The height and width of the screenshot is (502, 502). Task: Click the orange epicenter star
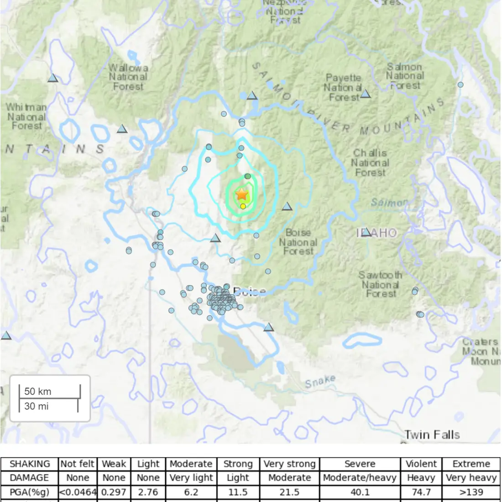click(241, 194)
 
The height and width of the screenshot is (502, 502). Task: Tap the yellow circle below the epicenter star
click(243, 206)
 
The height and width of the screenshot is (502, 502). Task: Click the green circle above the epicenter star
click(247, 176)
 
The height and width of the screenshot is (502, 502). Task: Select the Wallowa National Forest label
click(128, 77)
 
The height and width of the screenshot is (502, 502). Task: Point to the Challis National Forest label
click(370, 163)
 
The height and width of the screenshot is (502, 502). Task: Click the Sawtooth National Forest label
click(381, 284)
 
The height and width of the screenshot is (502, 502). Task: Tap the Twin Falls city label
click(432, 434)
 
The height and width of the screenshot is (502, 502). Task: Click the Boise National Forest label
click(298, 242)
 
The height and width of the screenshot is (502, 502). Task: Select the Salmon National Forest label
click(405, 76)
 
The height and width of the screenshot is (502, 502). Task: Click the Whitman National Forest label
click(26, 116)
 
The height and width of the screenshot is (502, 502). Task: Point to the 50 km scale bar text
click(38, 391)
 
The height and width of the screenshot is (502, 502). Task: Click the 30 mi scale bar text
click(37, 406)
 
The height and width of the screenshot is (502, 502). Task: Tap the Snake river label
click(320, 382)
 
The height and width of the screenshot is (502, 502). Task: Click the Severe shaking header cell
click(360, 464)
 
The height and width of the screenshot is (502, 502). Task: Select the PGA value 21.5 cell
click(289, 492)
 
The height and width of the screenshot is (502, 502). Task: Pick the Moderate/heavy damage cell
click(360, 478)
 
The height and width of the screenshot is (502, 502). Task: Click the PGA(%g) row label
click(29, 492)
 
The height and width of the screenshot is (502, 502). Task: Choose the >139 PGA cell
click(471, 492)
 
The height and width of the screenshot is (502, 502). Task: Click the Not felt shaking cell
click(78, 464)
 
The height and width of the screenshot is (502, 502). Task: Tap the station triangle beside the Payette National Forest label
click(366, 94)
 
